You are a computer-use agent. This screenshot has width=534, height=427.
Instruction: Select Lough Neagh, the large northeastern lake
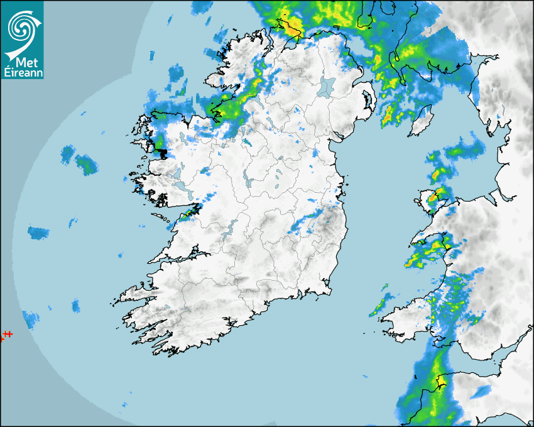click(327, 86)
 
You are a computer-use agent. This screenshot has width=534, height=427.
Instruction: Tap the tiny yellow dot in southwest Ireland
click(188, 311)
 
